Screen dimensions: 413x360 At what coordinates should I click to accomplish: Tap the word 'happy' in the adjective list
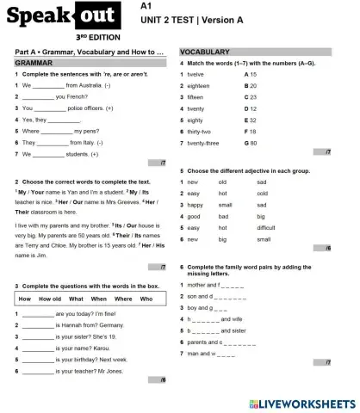(195, 205)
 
